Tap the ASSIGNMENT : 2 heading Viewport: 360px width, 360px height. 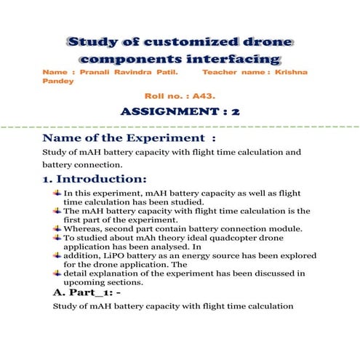(180, 113)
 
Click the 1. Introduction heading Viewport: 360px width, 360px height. (95, 179)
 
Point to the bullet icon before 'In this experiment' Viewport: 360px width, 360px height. (57, 193)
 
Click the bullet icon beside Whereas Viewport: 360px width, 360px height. (57, 228)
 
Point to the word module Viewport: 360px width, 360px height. (273, 228)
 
